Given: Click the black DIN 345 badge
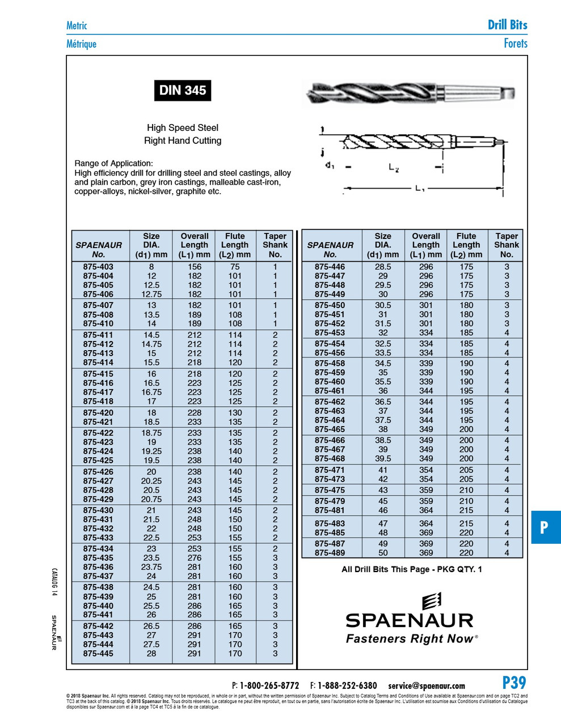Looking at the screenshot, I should [x=182, y=91].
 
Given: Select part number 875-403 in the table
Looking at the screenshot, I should [x=98, y=267].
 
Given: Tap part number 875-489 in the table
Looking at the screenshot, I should [x=330, y=553].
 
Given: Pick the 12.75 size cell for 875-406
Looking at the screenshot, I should [x=151, y=294].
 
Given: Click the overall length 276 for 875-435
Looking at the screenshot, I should [x=195, y=558].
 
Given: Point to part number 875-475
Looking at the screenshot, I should [x=330, y=490].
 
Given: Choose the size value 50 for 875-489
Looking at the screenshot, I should [x=383, y=553].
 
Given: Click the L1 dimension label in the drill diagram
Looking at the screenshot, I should [x=420, y=189].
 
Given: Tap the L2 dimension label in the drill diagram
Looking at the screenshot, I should [x=394, y=168].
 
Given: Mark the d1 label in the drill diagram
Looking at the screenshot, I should [x=330, y=165].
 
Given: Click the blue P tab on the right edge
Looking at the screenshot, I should [x=545, y=527].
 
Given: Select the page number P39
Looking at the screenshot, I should [x=514, y=683].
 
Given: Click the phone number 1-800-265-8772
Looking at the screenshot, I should [x=269, y=685].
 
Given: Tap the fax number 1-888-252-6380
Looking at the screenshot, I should [x=347, y=685].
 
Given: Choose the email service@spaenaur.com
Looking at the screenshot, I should [x=427, y=685].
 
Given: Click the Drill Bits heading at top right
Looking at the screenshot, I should [x=507, y=25].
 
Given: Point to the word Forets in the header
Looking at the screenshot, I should [x=515, y=44].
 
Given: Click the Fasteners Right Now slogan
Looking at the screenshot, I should [x=409, y=639].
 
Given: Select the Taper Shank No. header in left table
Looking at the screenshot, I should [x=275, y=245].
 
